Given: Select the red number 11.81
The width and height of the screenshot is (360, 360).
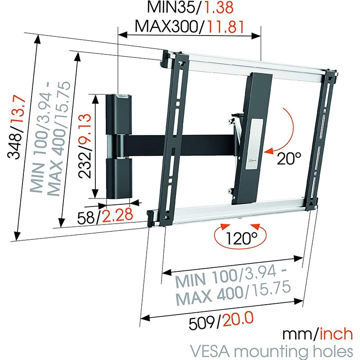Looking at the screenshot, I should (x=226, y=27).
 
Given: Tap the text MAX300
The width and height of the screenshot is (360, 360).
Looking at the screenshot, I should (x=167, y=27).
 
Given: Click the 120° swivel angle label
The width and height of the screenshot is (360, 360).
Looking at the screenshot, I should (x=240, y=237).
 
